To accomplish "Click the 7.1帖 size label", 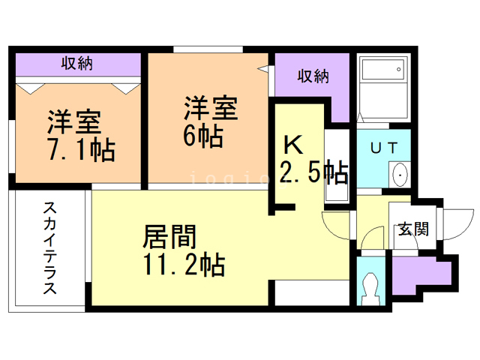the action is (x=82, y=150).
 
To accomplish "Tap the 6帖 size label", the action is (x=203, y=136).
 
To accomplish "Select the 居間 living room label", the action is (x=169, y=236).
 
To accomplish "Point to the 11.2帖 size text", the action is (x=184, y=265).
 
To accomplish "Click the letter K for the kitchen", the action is (x=293, y=145).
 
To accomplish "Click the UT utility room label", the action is (x=384, y=148).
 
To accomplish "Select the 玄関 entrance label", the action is (x=413, y=229).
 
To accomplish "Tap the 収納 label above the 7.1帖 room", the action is (x=76, y=63).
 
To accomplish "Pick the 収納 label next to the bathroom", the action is (x=313, y=76).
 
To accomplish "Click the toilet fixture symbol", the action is (x=370, y=289).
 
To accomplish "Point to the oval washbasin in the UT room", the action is (x=400, y=175).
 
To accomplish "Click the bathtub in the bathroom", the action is (x=384, y=69).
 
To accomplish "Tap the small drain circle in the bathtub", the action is (x=398, y=69).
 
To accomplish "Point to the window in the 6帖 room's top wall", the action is (x=208, y=49).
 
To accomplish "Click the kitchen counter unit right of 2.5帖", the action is (x=337, y=166).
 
